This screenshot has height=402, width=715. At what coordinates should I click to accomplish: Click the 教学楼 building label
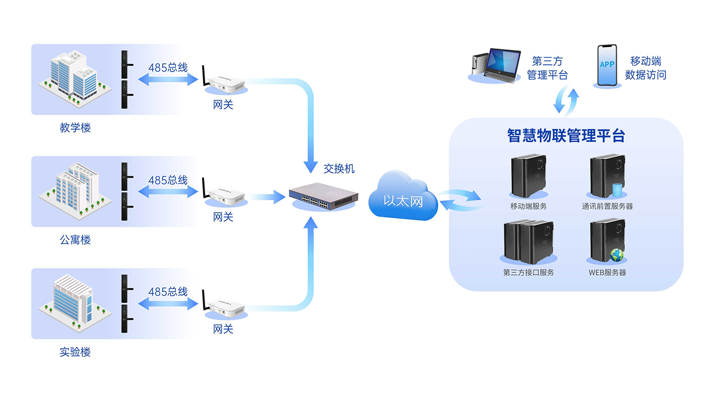pyautogui.click(x=75, y=128)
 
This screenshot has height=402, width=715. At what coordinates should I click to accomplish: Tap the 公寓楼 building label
pyautogui.click(x=75, y=240)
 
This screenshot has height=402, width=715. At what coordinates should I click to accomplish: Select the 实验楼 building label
pyautogui.click(x=75, y=352)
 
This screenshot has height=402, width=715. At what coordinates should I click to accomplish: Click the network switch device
pyautogui.click(x=324, y=195)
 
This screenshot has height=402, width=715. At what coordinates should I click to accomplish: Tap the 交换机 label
pyautogui.click(x=339, y=169)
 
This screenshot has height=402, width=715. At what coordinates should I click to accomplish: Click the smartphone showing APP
pyautogui.click(x=607, y=65)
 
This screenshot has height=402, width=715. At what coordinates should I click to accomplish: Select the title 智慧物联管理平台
pyautogui.click(x=566, y=136)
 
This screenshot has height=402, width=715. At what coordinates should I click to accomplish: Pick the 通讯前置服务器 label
pyautogui.click(x=607, y=206)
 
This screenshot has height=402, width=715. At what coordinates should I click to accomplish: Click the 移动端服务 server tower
pyautogui.click(x=528, y=176)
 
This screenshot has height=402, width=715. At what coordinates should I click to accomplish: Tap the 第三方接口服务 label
pyautogui.click(x=528, y=272)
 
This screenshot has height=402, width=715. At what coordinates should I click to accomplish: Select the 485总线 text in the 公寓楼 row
pyautogui.click(x=168, y=180)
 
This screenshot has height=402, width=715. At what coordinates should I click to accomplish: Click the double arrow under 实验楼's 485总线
pyautogui.click(x=168, y=303)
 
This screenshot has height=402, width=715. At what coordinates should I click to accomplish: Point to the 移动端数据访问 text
pyautogui.click(x=645, y=68)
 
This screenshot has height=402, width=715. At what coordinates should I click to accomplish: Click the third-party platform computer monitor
pyautogui.click(x=503, y=63)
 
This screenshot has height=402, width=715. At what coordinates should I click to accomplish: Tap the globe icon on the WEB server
pyautogui.click(x=617, y=255)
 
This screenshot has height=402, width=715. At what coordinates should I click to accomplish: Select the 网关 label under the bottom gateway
pyautogui.click(x=223, y=329)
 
